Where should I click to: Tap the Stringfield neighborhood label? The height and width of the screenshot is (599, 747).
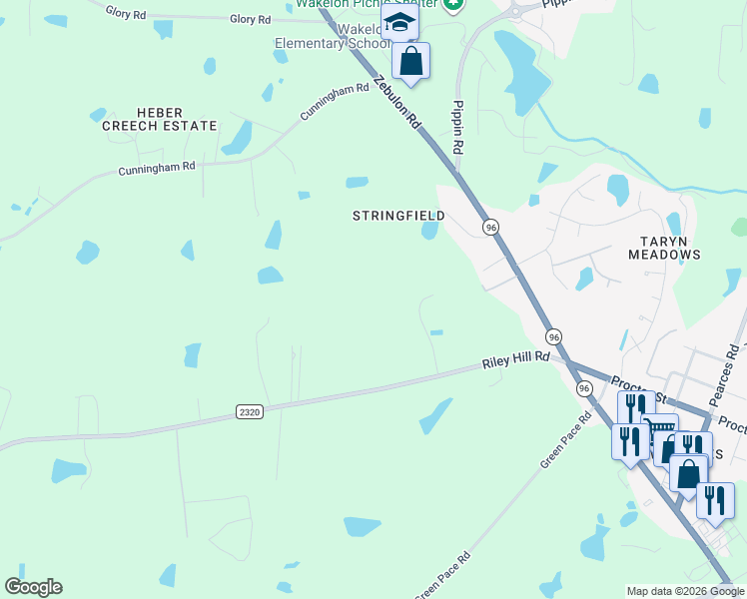398,216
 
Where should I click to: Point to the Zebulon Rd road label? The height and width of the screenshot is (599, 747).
397,104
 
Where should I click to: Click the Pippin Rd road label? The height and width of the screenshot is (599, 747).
457,126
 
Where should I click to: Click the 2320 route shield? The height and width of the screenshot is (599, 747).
250,411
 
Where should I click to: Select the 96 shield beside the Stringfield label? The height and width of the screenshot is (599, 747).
490,228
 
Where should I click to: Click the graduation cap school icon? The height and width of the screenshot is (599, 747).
399,21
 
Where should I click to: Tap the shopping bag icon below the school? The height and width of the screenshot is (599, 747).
410,61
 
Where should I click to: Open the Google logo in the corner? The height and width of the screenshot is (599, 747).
33,587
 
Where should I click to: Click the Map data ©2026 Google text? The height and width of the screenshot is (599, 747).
684,591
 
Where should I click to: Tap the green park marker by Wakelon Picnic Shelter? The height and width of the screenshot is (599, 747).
453,4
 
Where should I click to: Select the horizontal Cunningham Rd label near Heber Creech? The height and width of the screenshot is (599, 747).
157,169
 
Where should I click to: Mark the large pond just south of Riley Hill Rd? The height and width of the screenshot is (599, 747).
435,415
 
